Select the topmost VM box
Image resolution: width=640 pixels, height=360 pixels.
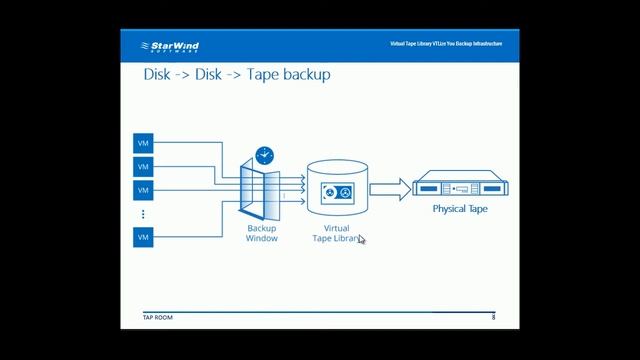coord(143,144)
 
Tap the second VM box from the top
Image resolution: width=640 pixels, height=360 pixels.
coord(143,167)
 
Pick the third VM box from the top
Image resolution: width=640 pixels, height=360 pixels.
coord(143,190)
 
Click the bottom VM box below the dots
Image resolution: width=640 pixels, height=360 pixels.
coord(143,237)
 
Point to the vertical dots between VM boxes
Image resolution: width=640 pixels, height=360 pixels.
coord(143,214)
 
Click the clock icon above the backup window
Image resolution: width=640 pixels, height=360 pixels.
coord(264,155)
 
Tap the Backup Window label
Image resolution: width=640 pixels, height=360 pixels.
coord(262,233)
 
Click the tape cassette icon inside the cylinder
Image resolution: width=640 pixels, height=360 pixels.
coord(336,192)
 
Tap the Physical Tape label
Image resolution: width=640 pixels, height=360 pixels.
coord(460,210)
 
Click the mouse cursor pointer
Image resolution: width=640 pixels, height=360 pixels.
coord(361,239)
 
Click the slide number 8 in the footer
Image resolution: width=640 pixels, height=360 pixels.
coord(493,317)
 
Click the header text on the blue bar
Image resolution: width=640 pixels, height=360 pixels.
coord(446,45)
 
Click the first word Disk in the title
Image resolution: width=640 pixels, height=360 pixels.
coord(160,75)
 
